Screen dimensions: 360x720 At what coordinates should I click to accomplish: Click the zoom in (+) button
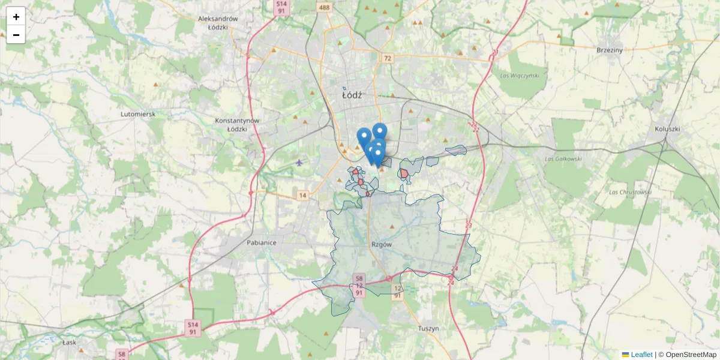coord(16,17)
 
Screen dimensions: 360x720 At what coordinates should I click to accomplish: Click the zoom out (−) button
coord(16,35)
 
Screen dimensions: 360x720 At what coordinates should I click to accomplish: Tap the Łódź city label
coord(352,95)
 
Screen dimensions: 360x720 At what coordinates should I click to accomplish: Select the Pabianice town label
coord(261,243)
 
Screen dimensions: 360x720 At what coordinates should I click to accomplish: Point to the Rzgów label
coord(382,245)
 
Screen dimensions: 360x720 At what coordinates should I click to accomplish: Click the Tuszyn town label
coord(429,328)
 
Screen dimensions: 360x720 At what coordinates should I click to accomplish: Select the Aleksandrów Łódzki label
coord(218,23)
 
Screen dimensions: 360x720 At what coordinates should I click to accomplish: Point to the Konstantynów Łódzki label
coord(237,124)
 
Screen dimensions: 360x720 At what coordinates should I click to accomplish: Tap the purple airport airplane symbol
coord(299,162)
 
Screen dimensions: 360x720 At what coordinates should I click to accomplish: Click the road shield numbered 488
coord(325,7)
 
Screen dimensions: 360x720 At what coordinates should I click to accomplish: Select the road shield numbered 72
coord(388,58)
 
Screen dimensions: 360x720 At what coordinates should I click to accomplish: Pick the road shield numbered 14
coord(302,196)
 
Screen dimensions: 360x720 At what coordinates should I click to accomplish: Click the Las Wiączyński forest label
coord(520,76)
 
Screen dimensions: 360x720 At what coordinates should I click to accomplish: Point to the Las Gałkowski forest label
coord(563,159)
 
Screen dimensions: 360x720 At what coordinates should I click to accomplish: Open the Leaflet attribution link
coord(641,355)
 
